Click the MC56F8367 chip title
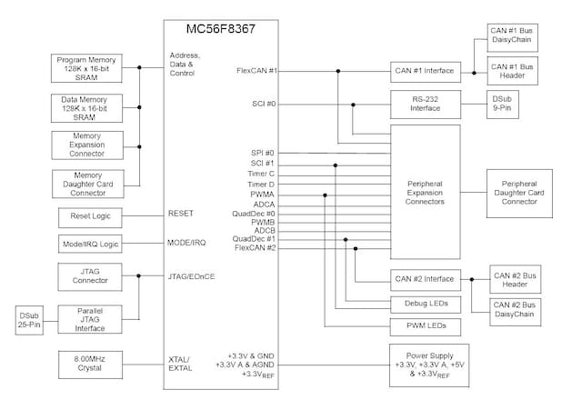(221, 29)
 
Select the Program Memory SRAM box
(88, 67)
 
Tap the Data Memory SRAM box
(88, 105)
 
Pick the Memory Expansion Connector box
(88, 145)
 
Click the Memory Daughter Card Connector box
(88, 183)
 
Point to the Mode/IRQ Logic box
(88, 245)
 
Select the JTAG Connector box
(88, 275)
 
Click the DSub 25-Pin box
(29, 320)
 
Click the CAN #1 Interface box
(426, 71)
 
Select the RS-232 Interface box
(426, 104)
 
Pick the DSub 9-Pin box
(503, 103)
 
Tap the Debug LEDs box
(426, 303)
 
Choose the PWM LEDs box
(426, 325)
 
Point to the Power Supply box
(426, 363)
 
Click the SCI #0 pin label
(265, 104)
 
